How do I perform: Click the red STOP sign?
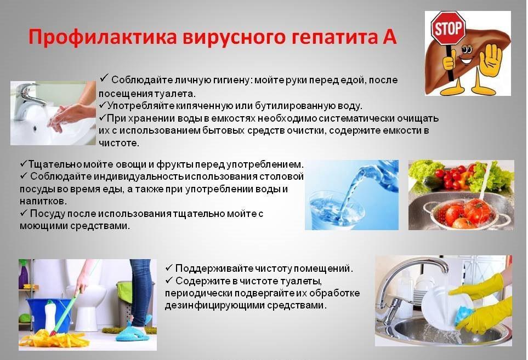coord(448,28)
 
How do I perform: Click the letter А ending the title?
coord(390,36)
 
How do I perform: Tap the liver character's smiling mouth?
coord(464,61)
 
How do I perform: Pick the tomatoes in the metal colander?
coord(461,213)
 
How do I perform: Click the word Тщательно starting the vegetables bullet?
coord(55,164)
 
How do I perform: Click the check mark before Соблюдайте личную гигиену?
coord(104,78)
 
